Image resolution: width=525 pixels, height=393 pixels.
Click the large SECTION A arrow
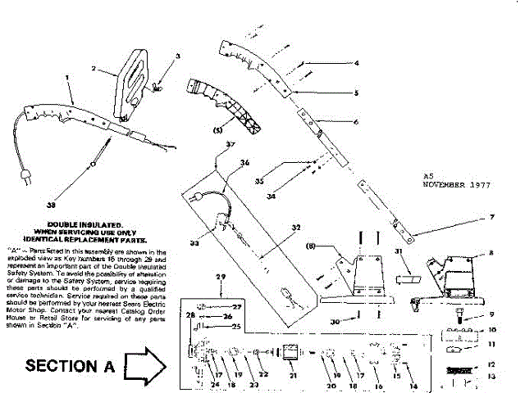[144, 362]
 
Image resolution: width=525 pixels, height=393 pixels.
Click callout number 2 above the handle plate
[94, 68]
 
